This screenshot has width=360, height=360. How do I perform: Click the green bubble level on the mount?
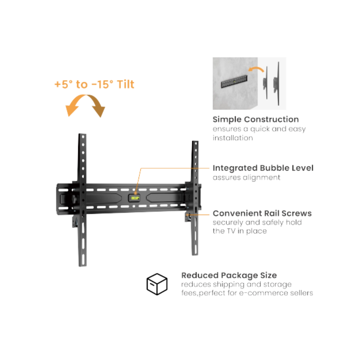pos(134,198)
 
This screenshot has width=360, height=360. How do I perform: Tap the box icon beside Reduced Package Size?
pos(157,284)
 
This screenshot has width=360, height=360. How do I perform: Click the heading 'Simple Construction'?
pos(256,120)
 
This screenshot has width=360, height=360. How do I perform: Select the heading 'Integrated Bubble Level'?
pos(263,168)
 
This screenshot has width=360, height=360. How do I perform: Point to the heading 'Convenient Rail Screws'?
pos(262,213)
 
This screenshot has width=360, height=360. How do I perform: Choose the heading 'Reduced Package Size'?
pos(229,275)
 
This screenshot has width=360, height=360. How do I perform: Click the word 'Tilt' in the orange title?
pos(125,84)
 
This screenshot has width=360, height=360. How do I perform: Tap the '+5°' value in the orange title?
pos(64,84)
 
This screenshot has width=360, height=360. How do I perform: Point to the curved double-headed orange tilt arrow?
pos(85,96)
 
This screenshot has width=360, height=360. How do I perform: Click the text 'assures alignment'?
pos(246,177)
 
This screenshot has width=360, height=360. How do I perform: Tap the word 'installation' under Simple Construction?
pos(233,138)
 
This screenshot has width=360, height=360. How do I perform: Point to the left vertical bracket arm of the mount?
pos(82,200)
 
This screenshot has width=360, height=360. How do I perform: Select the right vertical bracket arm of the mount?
pos(195,198)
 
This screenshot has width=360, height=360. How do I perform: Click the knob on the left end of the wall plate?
pos(74,199)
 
